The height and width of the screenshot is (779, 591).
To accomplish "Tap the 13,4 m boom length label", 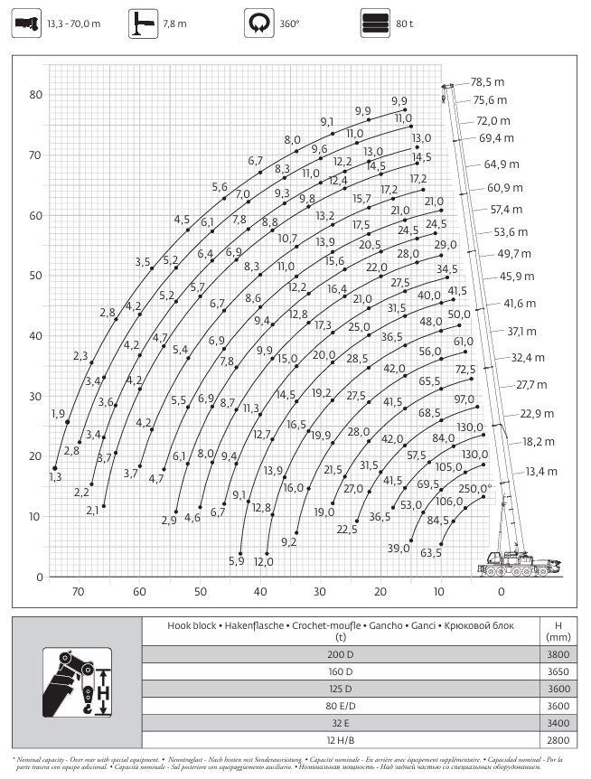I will [x=541, y=472].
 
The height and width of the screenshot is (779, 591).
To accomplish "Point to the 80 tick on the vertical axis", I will [x=35, y=95].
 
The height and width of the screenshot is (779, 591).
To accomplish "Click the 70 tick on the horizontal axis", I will [x=79, y=592].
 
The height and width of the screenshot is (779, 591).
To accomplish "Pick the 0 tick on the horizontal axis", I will [x=502, y=592].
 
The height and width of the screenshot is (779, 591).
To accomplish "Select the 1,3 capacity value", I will [x=55, y=476].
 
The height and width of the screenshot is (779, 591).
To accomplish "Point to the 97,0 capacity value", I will [x=464, y=399].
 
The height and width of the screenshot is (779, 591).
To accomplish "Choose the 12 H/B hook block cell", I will [x=340, y=740].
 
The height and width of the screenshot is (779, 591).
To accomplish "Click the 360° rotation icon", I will [x=258, y=23].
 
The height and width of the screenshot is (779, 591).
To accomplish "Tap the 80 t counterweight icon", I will [x=372, y=23].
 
